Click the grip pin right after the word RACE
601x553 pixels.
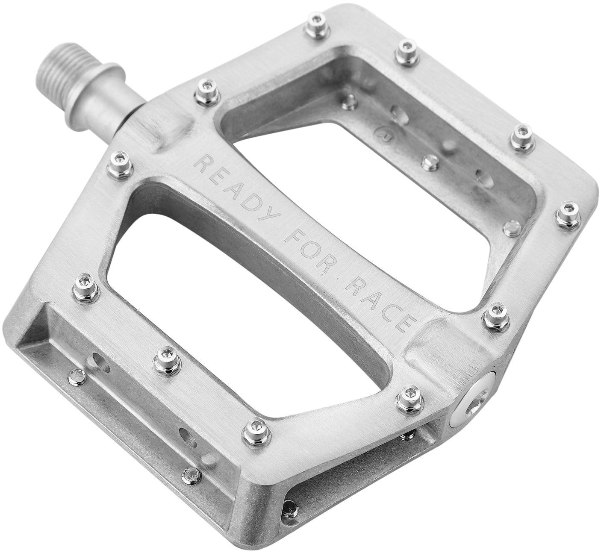coord(496,314)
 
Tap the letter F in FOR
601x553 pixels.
coord(292,242)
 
